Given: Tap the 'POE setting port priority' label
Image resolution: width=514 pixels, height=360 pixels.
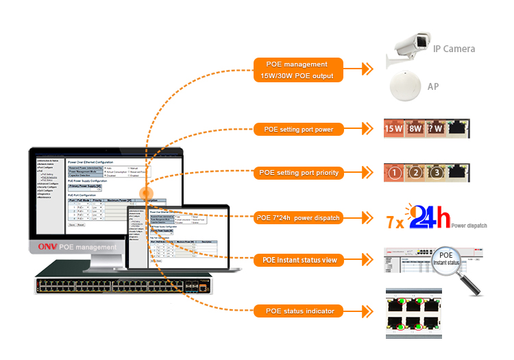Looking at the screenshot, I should tap(298, 173).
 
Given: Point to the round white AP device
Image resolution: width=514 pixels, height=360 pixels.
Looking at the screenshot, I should tap(404, 88).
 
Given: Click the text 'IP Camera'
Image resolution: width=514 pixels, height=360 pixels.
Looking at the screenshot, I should tap(454, 49).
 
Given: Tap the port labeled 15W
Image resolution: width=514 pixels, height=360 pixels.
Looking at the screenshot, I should tap(393, 128).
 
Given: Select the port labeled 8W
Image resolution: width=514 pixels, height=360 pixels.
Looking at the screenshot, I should tap(415, 128).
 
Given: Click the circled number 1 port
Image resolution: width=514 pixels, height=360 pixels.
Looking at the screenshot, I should tap(394, 173).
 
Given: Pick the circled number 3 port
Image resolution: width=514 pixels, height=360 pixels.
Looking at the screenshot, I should tap(437, 173).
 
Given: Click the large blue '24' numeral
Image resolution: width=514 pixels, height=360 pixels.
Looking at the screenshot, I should tap(422, 218).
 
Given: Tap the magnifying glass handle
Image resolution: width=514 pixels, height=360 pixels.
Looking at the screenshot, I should tap(473, 287).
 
